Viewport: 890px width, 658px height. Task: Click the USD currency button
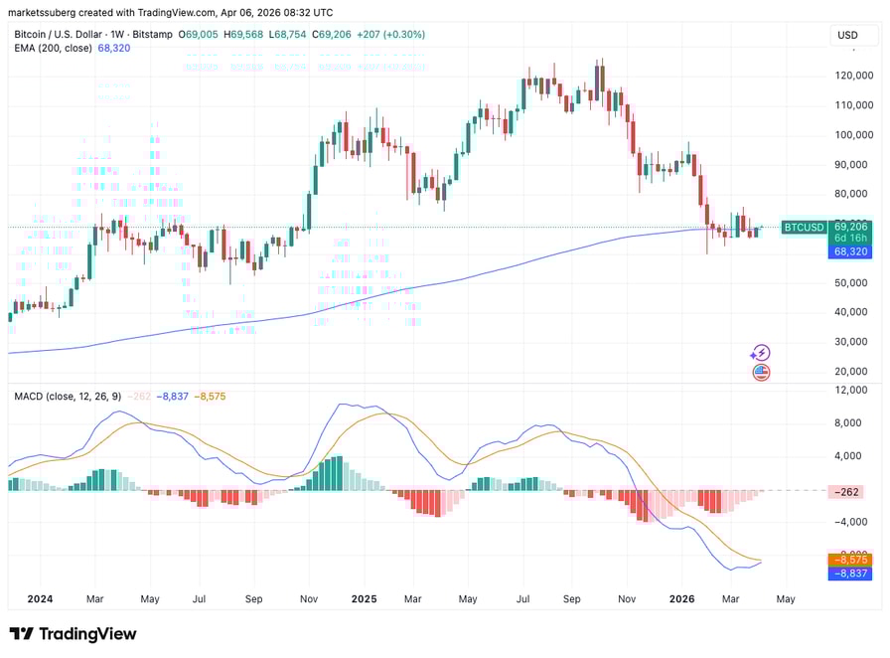[847, 35]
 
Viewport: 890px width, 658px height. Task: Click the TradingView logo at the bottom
[74, 634]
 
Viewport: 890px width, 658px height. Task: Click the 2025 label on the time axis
[364, 599]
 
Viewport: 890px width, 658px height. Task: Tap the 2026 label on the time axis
[681, 599]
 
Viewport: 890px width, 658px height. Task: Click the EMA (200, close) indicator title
[54, 48]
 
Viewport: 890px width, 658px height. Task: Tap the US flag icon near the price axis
[760, 372]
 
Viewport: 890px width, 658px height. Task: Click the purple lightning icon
[760, 352]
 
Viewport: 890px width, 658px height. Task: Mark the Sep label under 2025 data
[571, 599]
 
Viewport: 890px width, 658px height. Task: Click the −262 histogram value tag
[848, 491]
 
